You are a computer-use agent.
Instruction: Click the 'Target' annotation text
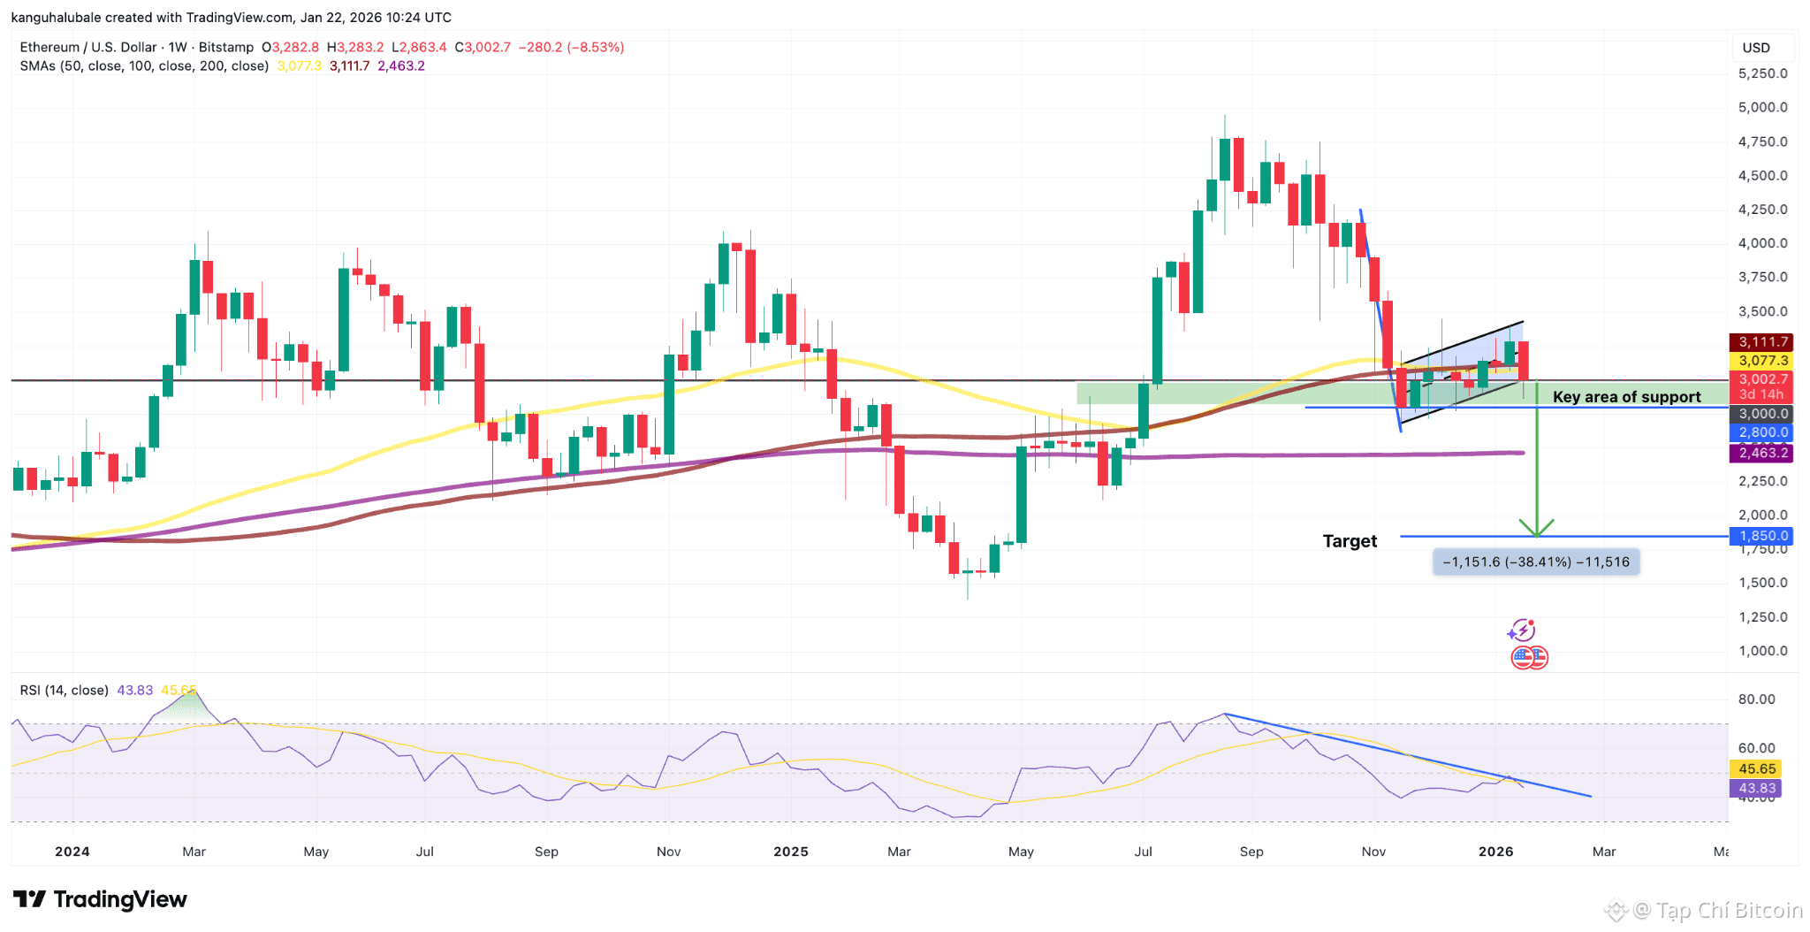1350,541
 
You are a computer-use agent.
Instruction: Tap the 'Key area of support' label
1626,397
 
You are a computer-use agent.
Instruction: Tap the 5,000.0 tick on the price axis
1762,107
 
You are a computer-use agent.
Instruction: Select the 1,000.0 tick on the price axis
1762,651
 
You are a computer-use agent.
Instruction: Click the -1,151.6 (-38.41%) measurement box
1536,562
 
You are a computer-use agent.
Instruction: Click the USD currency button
1756,48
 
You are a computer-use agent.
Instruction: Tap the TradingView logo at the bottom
101,899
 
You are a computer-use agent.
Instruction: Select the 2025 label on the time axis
791,852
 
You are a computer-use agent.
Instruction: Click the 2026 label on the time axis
1495,852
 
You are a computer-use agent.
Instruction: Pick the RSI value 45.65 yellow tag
1756,769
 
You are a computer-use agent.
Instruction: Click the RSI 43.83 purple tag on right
1756,788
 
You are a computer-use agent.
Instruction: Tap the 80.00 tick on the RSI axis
1756,699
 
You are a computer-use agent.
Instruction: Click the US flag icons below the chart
1529,657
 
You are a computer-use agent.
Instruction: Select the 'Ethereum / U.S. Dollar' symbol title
88,48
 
